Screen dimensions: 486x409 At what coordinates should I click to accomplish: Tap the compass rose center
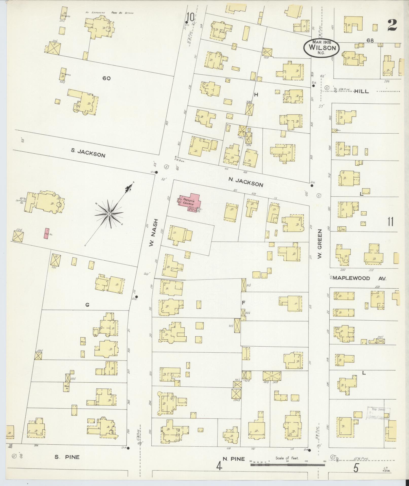109,214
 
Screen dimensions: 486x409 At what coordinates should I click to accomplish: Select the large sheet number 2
392,25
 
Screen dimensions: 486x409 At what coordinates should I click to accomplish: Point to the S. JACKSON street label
88,153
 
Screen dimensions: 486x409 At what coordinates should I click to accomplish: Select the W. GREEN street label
320,244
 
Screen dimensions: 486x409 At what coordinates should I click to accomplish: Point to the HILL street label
361,91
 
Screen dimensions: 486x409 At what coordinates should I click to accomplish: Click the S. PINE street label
67,457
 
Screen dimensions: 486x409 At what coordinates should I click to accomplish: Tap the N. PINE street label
234,459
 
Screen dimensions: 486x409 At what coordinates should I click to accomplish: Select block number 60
106,78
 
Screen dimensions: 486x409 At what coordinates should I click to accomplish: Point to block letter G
87,305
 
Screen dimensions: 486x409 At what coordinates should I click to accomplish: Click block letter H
256,95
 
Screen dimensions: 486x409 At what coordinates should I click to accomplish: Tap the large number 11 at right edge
390,222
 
